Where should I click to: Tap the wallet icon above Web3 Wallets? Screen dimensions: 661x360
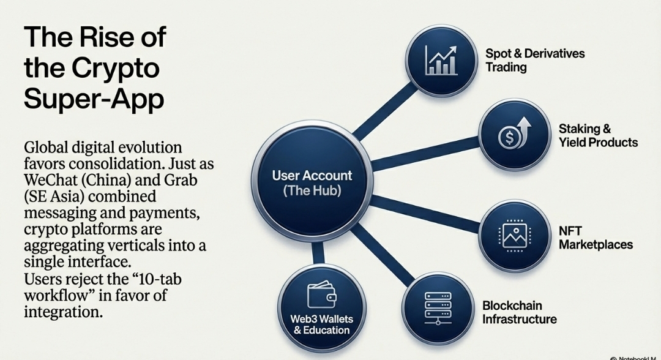coord(321,296)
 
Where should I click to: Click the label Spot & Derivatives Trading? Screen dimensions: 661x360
coord(535,60)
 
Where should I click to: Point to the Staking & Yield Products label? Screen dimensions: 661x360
coord(597,136)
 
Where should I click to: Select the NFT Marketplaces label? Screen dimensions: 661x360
coord(595,238)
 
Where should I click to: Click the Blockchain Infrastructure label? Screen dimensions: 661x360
coord(519,312)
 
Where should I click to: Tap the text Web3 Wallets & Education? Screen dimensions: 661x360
coord(321,324)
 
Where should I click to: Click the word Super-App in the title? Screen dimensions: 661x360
coord(94,99)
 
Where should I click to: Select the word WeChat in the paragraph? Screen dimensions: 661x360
coord(52,182)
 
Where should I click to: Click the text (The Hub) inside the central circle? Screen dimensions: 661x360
coord(312,190)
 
